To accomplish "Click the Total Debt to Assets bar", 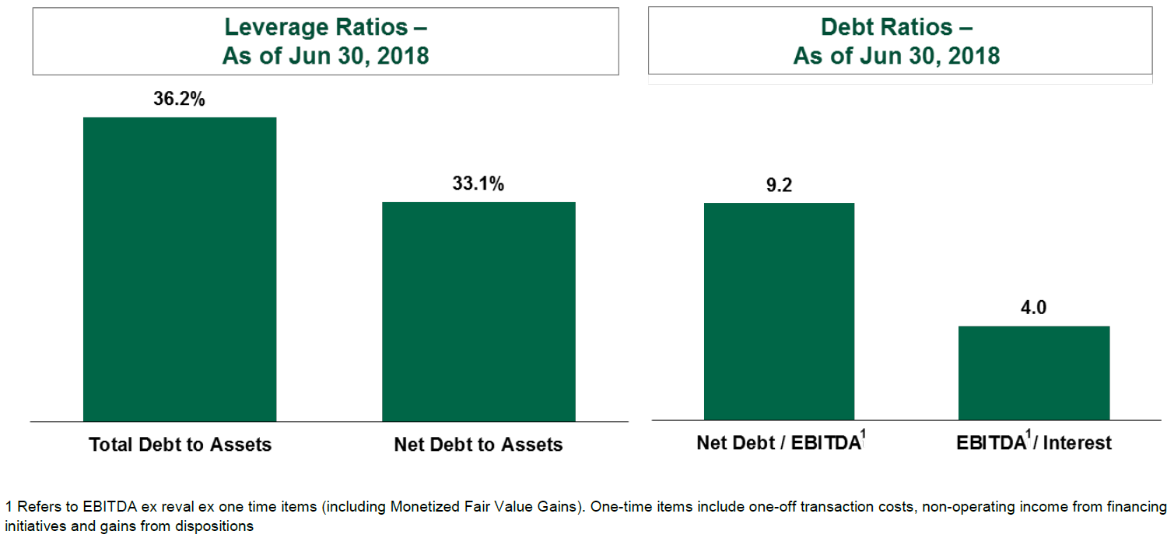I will pos(180,269).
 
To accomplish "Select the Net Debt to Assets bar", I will pos(478,312).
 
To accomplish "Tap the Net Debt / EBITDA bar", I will pos(779,312).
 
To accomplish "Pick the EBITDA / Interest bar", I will pos(1033,373).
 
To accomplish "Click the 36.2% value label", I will pos(180,99).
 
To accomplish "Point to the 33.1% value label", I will pos(478,184).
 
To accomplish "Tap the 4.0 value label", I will pos(1033,308).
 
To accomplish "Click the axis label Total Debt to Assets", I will pos(180,445).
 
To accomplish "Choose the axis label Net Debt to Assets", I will pos(478,445).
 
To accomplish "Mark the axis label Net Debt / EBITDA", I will pos(777,443).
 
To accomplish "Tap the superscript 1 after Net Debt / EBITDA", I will pos(864,437).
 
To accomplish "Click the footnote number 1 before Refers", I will pos(9,507).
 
